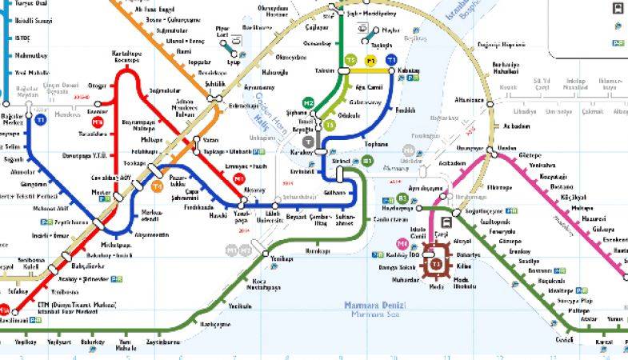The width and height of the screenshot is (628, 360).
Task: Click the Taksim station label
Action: click(x=325, y=70)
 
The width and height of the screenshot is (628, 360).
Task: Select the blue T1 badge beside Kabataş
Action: click(x=390, y=60)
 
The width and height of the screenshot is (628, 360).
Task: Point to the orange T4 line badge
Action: click(x=158, y=187)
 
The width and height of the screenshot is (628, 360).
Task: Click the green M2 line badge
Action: click(x=309, y=103)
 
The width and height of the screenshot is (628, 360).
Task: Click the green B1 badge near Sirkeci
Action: click(x=367, y=161)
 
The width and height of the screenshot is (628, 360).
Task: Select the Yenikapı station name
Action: click(x=282, y=259)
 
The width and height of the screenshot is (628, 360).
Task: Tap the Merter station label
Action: click(x=101, y=193)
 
